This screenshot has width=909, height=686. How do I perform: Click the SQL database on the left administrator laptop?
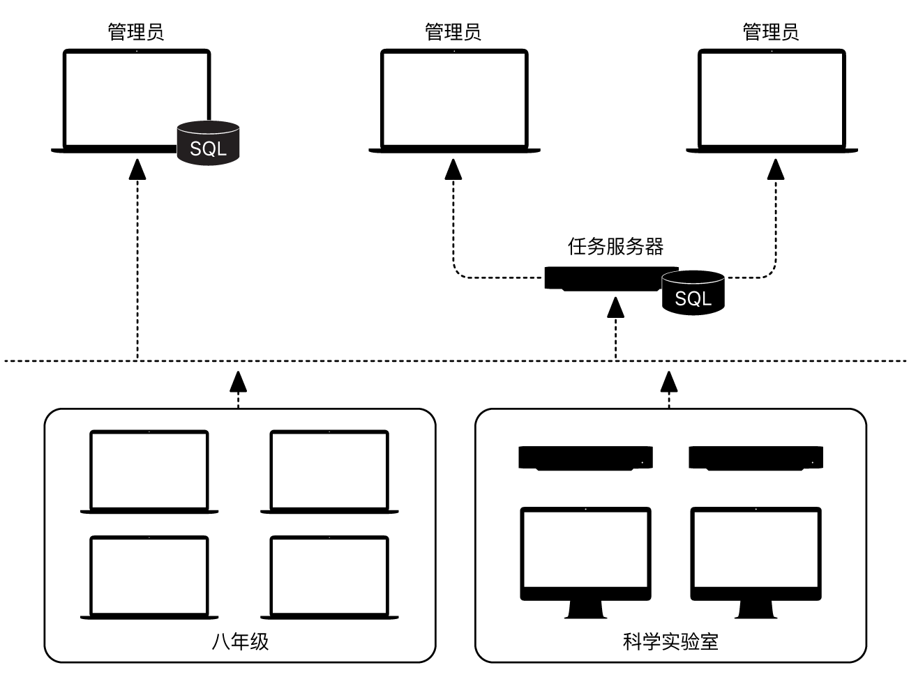coord(208,143)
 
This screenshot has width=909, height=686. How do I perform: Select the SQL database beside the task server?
coord(693,292)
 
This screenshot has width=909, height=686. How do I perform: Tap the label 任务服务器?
coord(615,246)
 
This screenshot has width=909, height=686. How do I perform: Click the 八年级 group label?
coord(240,641)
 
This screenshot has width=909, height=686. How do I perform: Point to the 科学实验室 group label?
coord(670,641)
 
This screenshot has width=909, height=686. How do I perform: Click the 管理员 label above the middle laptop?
coord(453,32)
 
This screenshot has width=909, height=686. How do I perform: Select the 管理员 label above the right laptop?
coord(771,32)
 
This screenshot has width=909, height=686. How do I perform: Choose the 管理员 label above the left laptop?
coord(136,32)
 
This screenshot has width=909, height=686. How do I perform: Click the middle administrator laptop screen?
coord(454,98)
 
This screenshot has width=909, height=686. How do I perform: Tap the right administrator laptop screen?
coord(772,98)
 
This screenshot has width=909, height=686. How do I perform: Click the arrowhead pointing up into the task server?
coord(615,307)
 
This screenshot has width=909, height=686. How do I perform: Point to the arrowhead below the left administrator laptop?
coord(137,169)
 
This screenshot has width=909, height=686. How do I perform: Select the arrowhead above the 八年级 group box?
coord(239,381)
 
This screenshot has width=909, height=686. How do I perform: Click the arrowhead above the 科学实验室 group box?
coord(669,381)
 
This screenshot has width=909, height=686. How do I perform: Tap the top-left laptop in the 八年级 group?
coord(149,470)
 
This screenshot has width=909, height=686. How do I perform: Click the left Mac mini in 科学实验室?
coord(585,458)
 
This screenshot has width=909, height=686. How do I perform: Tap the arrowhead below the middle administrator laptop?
coord(454,169)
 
